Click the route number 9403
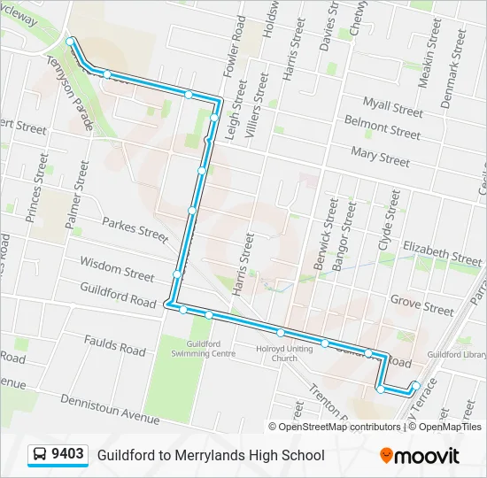[67, 455]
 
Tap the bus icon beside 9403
[41, 455]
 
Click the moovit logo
[420, 456]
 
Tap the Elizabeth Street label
[442, 253]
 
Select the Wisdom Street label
[116, 268]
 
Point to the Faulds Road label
[114, 345]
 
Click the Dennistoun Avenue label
[109, 407]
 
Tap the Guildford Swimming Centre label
[211, 349]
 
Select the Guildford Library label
[456, 354]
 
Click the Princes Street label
[36, 187]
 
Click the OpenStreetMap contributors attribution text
[339, 427]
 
